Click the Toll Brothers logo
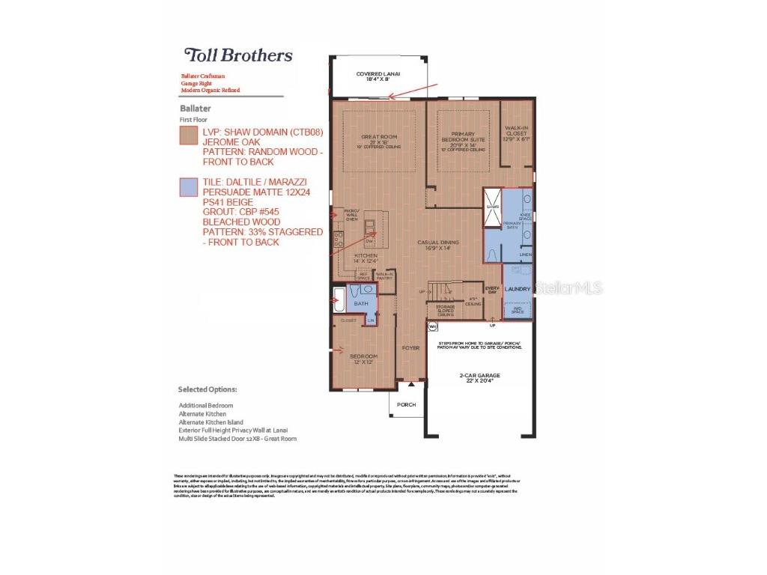(x=238, y=55)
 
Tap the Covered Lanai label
(x=378, y=76)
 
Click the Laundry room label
(x=518, y=289)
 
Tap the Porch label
(x=406, y=404)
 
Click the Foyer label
(x=410, y=347)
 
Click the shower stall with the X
(x=492, y=207)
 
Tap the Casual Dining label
(x=438, y=245)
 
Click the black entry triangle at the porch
(x=410, y=384)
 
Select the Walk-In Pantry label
(x=383, y=276)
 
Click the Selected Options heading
(x=207, y=389)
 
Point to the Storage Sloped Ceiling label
(x=440, y=309)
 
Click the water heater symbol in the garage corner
(x=432, y=326)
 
